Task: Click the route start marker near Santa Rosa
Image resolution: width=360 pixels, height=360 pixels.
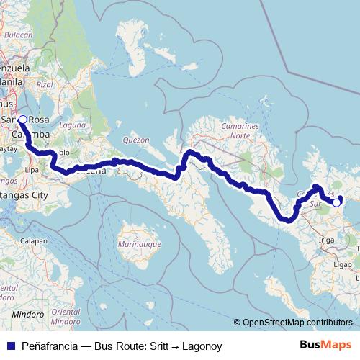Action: click(x=22, y=120)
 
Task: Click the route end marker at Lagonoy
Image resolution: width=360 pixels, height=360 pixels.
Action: click(x=336, y=203)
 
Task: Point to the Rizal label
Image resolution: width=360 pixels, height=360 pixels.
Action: click(x=45, y=84)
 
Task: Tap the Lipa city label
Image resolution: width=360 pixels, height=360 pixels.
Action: click(x=32, y=171)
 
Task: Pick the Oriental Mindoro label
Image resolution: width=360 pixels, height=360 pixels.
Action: click(x=66, y=296)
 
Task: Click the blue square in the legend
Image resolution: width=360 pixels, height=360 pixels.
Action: click(x=9, y=346)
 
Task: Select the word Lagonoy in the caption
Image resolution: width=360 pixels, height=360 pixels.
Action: click(x=201, y=346)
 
